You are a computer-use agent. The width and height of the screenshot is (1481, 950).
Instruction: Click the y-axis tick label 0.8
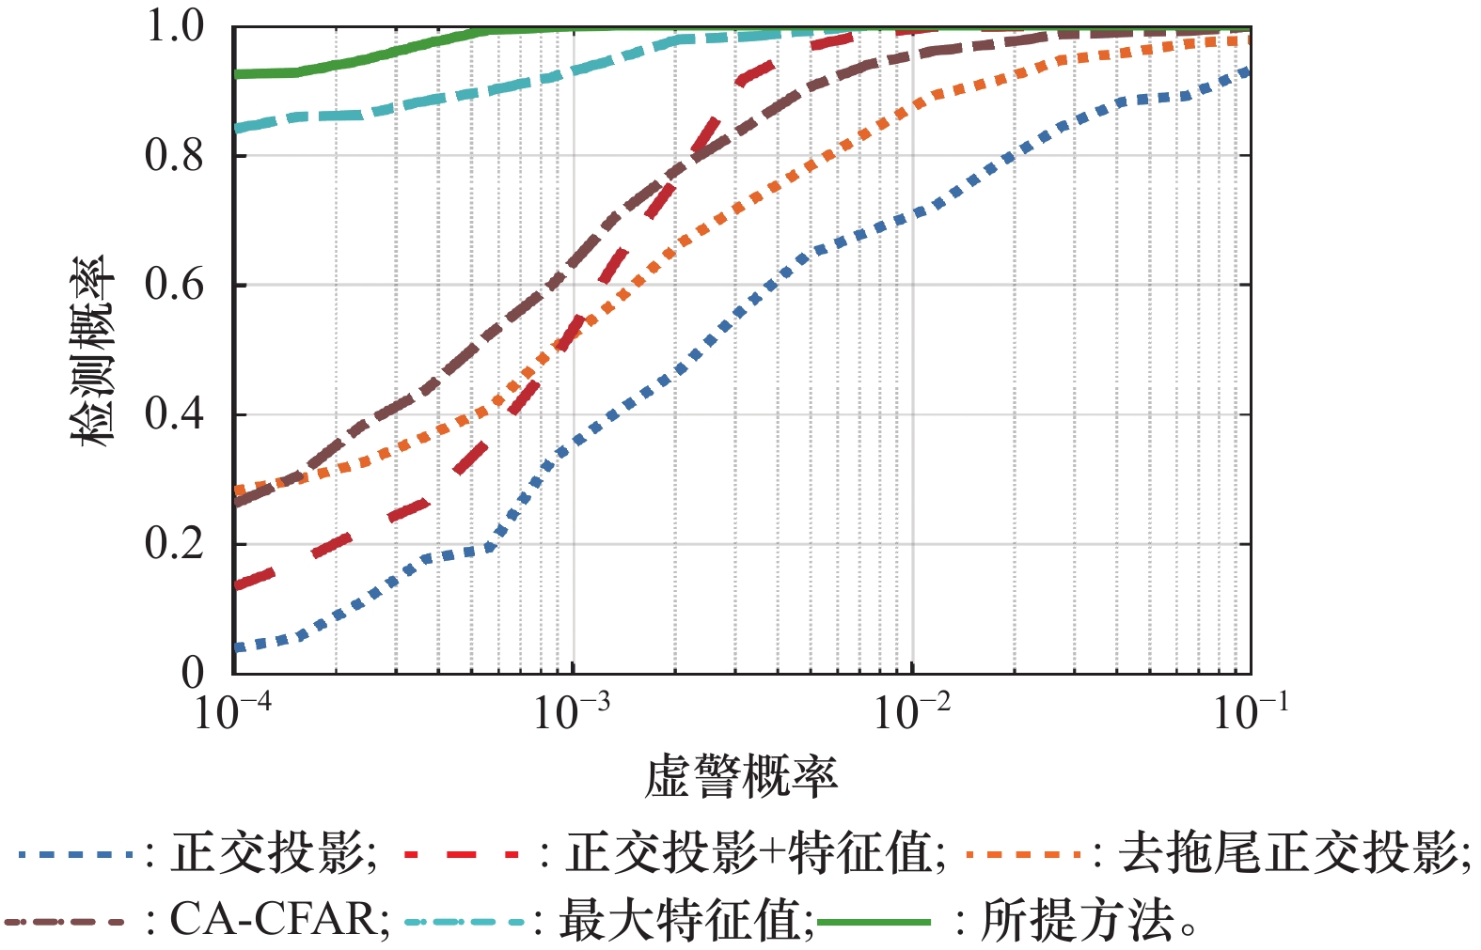pyautogui.click(x=175, y=156)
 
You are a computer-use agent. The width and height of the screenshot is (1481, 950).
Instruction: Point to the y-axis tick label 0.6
pyautogui.click(x=175, y=285)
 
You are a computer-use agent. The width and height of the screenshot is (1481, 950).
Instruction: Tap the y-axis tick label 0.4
pyautogui.click(x=175, y=414)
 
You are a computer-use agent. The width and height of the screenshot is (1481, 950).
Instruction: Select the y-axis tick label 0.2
pyautogui.click(x=175, y=544)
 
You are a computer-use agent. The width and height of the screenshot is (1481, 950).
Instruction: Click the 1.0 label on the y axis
pyautogui.click(x=175, y=26)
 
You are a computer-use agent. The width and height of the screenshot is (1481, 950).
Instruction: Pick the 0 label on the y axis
pyautogui.click(x=192, y=673)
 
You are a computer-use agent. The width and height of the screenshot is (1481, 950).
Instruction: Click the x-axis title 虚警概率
pyautogui.click(x=741, y=778)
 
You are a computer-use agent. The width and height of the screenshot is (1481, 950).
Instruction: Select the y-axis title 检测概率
pyautogui.click(x=94, y=350)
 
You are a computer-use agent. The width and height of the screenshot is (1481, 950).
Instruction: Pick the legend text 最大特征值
pyautogui.click(x=683, y=920)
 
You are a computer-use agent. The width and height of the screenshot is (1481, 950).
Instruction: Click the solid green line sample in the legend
pyautogui.click(x=874, y=922)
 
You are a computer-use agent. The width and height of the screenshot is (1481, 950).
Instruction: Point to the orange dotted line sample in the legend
pyautogui.click(x=1026, y=855)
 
